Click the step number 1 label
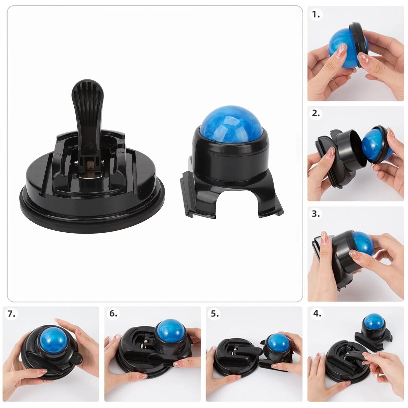pyautogui.click(x=316, y=15)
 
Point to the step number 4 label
pyautogui.click(x=317, y=314)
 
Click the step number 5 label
pyautogui.click(x=215, y=314)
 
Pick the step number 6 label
pyautogui.click(x=114, y=314)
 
